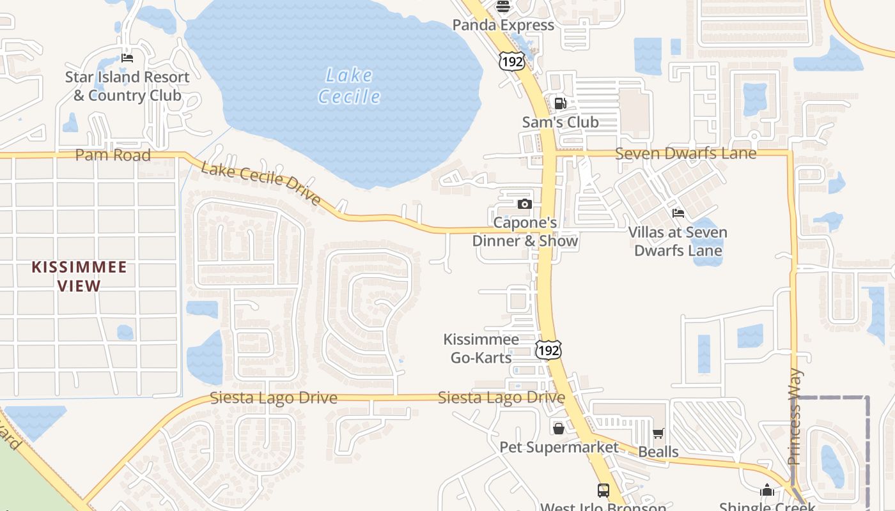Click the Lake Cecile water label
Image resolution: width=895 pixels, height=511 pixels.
click(349, 86)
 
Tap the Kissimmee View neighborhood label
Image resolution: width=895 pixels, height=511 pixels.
click(79, 276)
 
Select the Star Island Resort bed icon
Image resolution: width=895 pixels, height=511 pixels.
click(127, 58)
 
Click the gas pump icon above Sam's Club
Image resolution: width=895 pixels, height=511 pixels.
click(560, 103)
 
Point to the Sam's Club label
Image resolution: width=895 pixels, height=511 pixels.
click(560, 122)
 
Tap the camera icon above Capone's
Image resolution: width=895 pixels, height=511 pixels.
click(525, 204)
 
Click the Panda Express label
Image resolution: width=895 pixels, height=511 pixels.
click(503, 25)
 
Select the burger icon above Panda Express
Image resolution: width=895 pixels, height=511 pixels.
click(503, 6)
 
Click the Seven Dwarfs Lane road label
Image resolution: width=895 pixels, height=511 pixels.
click(685, 153)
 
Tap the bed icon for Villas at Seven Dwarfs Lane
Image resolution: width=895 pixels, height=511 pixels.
click(678, 213)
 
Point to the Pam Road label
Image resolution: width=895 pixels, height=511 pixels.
click(113, 155)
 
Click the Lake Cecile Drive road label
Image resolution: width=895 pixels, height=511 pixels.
click(261, 183)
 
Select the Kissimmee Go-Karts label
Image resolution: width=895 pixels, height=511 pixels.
click(481, 348)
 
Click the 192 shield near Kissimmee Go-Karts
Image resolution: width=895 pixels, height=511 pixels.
click(549, 349)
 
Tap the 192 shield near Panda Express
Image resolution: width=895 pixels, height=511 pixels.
click(511, 61)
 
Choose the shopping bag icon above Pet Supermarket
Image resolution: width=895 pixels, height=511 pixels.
click(559, 428)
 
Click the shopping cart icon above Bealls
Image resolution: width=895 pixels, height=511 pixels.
click(658, 433)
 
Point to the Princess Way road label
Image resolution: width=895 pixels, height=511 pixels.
click(795, 416)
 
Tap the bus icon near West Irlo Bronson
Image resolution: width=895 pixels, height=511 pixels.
click(603, 491)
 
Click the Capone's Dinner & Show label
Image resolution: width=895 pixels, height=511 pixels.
click(525, 231)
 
